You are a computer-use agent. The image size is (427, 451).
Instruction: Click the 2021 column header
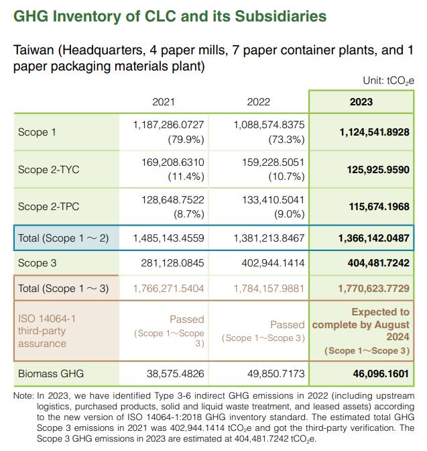click(x=163, y=102)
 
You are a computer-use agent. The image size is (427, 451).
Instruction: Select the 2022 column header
click(x=258, y=102)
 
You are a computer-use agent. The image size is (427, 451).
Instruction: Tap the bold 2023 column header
click(x=361, y=102)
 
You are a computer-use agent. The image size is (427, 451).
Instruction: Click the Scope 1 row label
click(x=37, y=132)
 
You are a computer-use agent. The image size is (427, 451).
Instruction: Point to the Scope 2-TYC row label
click(x=48, y=169)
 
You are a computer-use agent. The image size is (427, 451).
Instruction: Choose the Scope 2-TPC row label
click(x=48, y=207)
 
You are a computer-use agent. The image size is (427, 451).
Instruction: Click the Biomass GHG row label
click(x=51, y=374)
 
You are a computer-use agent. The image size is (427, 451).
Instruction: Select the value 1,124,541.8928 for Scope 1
click(x=375, y=132)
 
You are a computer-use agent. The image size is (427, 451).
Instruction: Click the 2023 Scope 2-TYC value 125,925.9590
click(x=378, y=169)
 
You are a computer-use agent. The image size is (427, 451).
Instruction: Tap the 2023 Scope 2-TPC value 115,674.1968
click(x=379, y=207)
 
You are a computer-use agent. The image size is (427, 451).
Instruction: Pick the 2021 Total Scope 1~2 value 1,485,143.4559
click(x=169, y=238)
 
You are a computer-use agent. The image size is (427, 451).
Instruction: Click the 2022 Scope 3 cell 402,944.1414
click(x=273, y=263)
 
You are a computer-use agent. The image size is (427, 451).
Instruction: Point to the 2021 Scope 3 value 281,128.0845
click(x=172, y=263)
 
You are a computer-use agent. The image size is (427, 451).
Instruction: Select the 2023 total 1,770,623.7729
click(x=373, y=288)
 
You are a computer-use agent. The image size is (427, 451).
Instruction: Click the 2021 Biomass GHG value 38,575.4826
click(x=175, y=374)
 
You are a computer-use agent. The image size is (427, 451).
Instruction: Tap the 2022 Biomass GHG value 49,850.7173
click(x=276, y=374)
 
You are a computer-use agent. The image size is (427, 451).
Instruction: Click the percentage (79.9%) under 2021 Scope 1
click(x=186, y=140)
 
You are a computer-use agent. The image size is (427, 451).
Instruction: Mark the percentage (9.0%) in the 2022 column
click(x=290, y=214)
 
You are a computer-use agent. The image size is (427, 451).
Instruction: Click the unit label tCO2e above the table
click(x=401, y=81)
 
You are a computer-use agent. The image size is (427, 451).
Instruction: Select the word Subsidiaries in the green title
click(x=281, y=16)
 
